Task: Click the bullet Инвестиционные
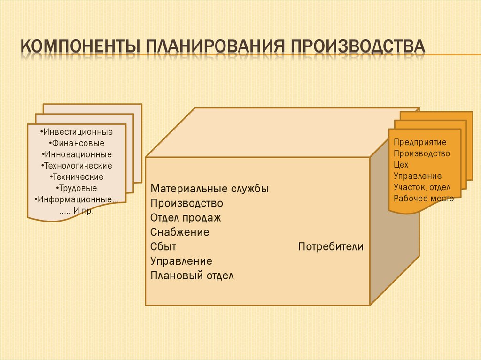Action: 77,132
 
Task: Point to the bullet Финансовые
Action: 77,143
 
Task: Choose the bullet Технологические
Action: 77,166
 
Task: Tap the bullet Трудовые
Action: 77,188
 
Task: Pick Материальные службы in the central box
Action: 209,189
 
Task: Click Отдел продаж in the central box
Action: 186,218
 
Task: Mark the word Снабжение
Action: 180,232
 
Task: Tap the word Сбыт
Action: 163,247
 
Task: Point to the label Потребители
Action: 331,247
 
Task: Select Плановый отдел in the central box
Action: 192,276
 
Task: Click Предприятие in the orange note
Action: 420,142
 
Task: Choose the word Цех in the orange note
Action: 401,165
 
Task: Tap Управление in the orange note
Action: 418,176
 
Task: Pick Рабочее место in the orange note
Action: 424,199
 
